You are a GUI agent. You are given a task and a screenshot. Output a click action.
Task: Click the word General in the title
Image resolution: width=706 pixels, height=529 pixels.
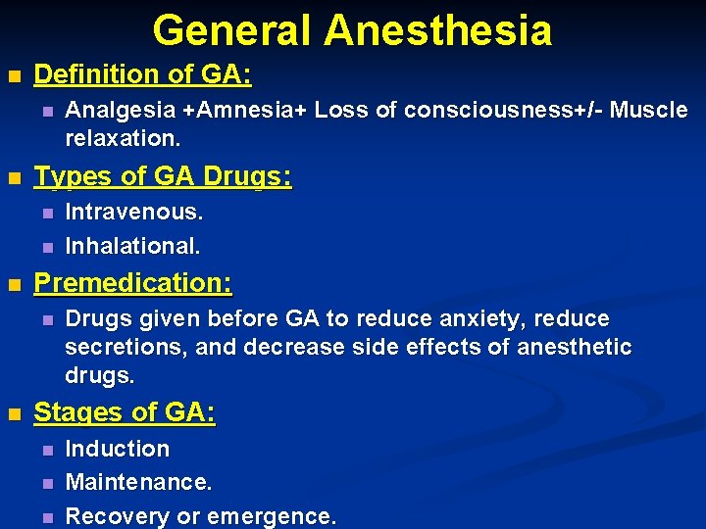[x=232, y=29]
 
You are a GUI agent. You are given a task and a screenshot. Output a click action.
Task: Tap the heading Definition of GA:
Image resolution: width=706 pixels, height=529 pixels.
[x=142, y=74]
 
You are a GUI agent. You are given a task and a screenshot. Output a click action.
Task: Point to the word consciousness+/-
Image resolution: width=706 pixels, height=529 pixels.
[x=492, y=111]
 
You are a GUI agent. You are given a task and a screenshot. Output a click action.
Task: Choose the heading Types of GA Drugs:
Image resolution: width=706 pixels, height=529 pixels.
[x=163, y=177]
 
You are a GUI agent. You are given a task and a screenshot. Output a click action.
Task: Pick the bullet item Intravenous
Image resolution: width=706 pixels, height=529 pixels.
[x=134, y=213]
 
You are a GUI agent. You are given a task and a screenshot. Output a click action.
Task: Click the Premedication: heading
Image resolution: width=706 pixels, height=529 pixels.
[x=133, y=284]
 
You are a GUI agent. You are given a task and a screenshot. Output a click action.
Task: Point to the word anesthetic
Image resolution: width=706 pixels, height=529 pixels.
[x=574, y=348]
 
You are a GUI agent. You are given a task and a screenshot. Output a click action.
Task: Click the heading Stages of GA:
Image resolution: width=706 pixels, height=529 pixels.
[x=125, y=413]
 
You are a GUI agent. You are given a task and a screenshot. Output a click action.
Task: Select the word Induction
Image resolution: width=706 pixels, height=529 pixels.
[x=117, y=450]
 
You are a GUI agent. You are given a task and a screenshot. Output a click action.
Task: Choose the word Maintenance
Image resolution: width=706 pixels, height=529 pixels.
[x=138, y=483]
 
